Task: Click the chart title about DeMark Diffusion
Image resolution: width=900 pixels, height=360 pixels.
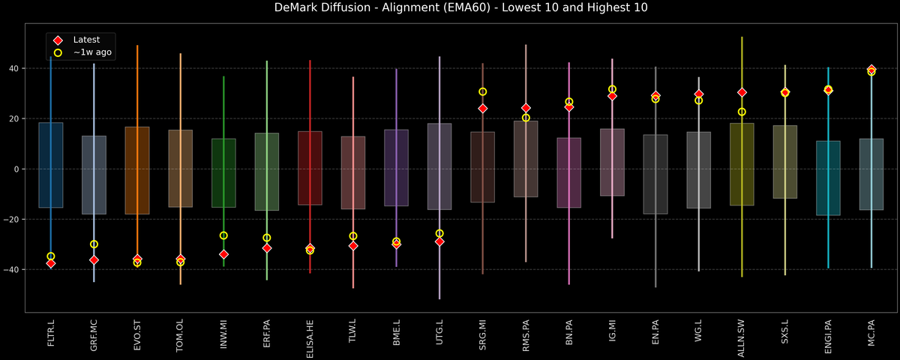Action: [x=450, y=8]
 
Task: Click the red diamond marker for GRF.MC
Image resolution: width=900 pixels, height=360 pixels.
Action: [x=94, y=259]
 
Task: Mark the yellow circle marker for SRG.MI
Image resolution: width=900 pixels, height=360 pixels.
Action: [x=482, y=91]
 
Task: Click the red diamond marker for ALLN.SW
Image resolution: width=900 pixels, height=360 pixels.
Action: [x=742, y=92]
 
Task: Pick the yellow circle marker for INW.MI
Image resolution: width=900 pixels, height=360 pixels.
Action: [x=223, y=235]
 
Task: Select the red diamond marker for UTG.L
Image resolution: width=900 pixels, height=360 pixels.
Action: [x=439, y=241]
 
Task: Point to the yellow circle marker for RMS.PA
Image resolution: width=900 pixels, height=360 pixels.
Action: [x=526, y=118]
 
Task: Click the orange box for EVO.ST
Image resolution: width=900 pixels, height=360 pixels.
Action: [x=137, y=170]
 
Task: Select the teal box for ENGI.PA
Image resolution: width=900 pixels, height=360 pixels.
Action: [x=828, y=178]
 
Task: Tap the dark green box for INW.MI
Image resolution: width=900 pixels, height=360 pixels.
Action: [x=223, y=172]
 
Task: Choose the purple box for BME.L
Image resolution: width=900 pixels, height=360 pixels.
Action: [x=396, y=167]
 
